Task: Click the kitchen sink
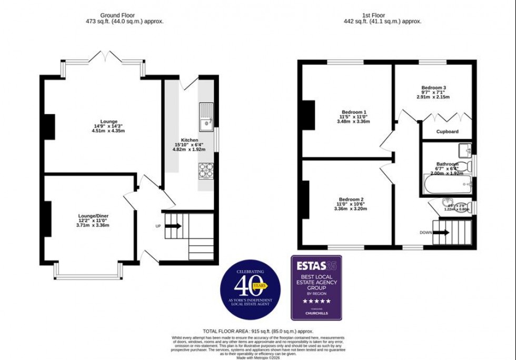(x=205, y=117)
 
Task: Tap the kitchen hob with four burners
(x=205, y=170)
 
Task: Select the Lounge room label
(x=108, y=122)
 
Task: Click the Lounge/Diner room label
(x=92, y=216)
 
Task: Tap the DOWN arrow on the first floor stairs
(x=441, y=232)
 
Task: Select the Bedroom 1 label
(x=353, y=112)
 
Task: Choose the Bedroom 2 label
(x=351, y=199)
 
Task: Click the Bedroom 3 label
(x=433, y=88)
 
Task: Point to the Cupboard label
(x=448, y=132)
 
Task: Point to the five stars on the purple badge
(x=316, y=301)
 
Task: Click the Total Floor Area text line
(x=257, y=332)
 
